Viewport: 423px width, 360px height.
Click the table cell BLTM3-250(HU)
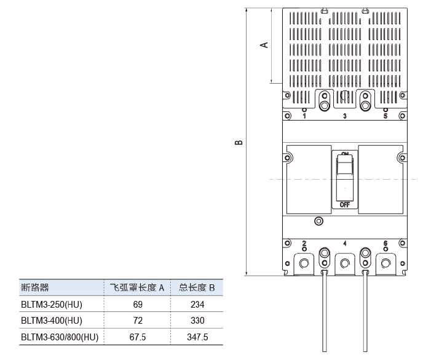click(52, 305)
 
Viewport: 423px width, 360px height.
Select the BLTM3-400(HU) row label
click(52, 321)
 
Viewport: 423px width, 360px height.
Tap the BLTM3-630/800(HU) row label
click(60, 337)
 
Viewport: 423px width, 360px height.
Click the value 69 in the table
click(138, 305)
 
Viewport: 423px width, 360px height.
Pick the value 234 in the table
click(197, 305)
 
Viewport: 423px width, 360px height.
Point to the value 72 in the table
click(138, 321)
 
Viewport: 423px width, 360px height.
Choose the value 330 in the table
click(197, 321)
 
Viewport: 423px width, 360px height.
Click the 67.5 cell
click(138, 337)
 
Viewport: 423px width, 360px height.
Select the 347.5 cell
click(197, 337)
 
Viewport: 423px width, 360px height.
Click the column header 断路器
click(35, 287)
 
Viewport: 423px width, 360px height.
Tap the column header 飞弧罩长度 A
click(137, 287)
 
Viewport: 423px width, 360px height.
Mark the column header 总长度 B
click(197, 287)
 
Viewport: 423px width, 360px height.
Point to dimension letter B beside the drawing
click(239, 142)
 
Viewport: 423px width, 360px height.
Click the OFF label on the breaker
click(345, 205)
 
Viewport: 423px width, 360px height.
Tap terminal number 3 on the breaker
click(345, 116)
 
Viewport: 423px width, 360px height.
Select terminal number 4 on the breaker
click(345, 244)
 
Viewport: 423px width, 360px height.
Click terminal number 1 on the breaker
click(304, 116)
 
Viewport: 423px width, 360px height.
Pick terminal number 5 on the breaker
click(385, 116)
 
